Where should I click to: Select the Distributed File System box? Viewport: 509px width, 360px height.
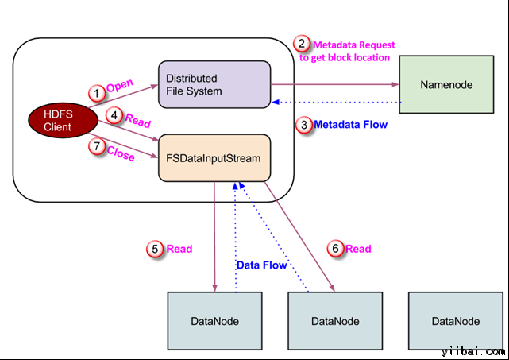[x=214, y=85]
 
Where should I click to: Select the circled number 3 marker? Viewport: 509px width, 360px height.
[x=303, y=125]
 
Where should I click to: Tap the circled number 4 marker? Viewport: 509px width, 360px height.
[x=115, y=116]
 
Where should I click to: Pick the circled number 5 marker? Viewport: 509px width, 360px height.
[x=156, y=249]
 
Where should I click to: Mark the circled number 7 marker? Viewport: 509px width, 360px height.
[x=97, y=145]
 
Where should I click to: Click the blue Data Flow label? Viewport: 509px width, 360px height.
[x=259, y=263]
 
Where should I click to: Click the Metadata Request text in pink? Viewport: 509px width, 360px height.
[x=353, y=45]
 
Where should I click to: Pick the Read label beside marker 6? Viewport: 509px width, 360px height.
[x=358, y=249]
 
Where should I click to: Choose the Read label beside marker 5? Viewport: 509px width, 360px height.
[x=179, y=249]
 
